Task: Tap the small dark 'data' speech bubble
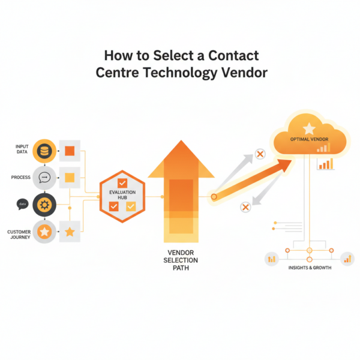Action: (x=23, y=205)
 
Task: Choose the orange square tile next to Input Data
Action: (x=70, y=150)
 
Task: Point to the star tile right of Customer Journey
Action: (x=70, y=232)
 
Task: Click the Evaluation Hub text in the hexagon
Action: (x=122, y=194)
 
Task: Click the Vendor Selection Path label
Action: (x=179, y=260)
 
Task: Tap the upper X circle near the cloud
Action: (x=260, y=155)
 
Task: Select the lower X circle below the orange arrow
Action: (x=245, y=207)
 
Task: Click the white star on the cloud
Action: (x=309, y=128)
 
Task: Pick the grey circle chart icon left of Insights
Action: (x=272, y=259)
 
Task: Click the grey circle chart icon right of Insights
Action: (x=347, y=259)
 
